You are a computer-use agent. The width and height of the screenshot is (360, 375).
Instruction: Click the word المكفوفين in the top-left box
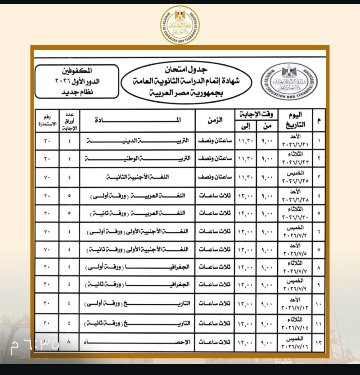[x=77, y=71]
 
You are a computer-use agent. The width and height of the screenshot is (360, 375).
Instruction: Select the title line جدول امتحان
[x=186, y=69]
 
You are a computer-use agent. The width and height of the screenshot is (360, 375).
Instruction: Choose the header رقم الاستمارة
[x=46, y=121]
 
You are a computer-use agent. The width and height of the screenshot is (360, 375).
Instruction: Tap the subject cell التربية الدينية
[x=137, y=141]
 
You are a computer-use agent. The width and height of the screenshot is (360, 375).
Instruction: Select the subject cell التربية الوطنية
[x=138, y=159]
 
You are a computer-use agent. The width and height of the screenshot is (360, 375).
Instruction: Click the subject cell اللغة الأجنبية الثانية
[x=138, y=177]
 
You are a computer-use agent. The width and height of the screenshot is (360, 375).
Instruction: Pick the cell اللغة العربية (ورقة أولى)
[x=138, y=196]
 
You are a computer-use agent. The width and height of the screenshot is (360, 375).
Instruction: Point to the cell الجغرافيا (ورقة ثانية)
[x=137, y=284]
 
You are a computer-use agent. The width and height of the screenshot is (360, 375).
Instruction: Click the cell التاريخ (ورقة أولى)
[x=137, y=303]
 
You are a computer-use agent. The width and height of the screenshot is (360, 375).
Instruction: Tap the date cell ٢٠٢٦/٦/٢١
[x=295, y=144]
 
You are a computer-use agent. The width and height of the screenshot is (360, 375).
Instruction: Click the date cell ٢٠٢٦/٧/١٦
[x=295, y=347]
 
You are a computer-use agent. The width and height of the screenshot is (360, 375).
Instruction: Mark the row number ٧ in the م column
[x=319, y=249]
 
